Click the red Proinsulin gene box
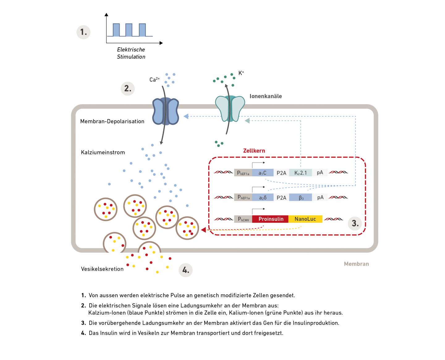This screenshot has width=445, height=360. [271, 219]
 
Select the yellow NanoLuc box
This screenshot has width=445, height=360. [305, 219]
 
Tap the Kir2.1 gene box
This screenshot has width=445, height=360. [300, 173]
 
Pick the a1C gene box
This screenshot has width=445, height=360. [263, 173]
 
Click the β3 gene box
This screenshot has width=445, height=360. [301, 197]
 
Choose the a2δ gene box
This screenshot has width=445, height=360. [263, 197]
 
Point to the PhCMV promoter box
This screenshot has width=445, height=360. [243, 219]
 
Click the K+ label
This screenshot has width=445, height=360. [241, 73]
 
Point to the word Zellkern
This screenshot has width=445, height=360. [254, 151]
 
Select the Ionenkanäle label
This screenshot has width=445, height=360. [266, 96]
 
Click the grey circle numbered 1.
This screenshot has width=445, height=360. [83, 32]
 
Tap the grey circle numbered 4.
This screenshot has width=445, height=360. [186, 270]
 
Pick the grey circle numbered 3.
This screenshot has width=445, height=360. [355, 223]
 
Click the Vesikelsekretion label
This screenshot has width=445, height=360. [102, 269]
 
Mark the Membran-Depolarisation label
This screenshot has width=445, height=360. [112, 121]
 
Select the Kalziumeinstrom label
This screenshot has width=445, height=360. [103, 152]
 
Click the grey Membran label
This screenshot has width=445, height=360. [356, 264]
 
